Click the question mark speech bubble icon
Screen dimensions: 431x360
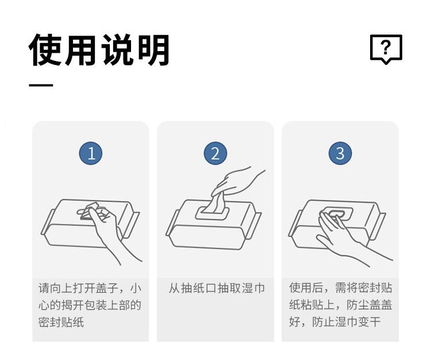point(386,49)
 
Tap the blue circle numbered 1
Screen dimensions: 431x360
point(91,153)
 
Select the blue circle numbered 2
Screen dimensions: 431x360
point(215,153)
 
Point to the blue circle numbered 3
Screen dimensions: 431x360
point(340,153)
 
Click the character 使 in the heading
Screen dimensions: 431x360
point(45,50)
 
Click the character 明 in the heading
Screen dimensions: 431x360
point(153,50)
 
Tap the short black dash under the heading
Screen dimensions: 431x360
point(41,85)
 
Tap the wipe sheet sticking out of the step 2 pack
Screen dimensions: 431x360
point(215,203)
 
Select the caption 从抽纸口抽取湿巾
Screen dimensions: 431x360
point(217,288)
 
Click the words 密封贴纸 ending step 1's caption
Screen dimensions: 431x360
point(61,322)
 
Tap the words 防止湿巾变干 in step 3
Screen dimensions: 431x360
point(347,322)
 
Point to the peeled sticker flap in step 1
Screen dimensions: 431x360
point(90,210)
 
